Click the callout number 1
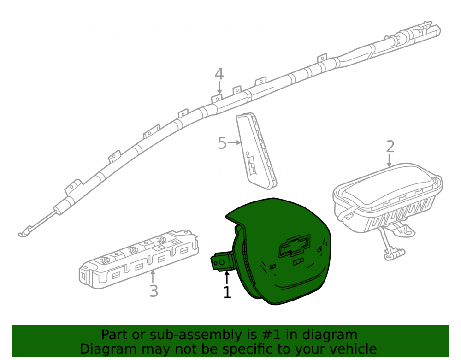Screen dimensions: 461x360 tap(227, 292)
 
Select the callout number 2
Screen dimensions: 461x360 tap(390, 147)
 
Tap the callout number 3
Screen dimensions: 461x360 tap(154, 291)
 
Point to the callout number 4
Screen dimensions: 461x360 tap(219, 74)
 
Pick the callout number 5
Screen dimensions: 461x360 tap(222, 143)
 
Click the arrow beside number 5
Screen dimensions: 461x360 tap(234, 142)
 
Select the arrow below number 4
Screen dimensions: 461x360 tap(219, 88)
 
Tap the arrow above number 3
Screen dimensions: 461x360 tap(152, 277)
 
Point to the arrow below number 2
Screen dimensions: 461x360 tap(389, 160)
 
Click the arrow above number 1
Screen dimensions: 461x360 tap(226, 278)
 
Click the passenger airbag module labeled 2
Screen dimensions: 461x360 tap(388, 203)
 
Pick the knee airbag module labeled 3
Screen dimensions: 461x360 tap(139, 259)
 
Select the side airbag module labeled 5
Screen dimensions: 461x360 tap(256, 150)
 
